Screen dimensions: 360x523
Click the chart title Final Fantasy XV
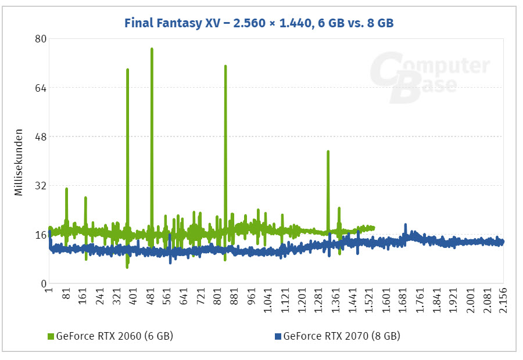(x=262, y=23)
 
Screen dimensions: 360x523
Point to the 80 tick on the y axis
(x=40, y=39)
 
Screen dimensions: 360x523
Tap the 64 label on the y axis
(x=40, y=88)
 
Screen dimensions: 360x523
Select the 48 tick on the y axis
(x=40, y=137)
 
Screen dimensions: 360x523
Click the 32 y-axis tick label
(x=40, y=186)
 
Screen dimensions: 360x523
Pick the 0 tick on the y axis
(x=43, y=284)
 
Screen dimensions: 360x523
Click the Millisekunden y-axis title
(x=19, y=161)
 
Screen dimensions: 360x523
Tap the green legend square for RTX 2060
(x=50, y=336)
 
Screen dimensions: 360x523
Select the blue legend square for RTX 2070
(x=277, y=336)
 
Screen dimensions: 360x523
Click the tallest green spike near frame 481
(x=152, y=49)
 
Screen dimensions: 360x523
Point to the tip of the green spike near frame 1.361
(x=328, y=152)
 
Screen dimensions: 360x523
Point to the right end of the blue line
(x=502, y=242)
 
